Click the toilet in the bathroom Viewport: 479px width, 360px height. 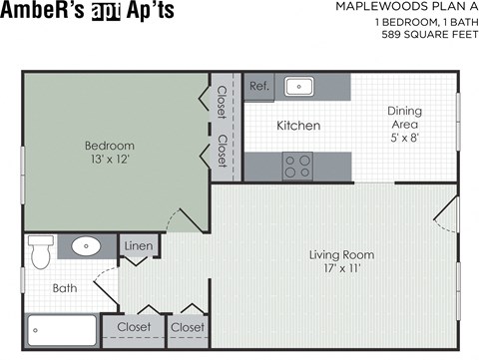coord(40,251)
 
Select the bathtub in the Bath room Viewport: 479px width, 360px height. coord(61,327)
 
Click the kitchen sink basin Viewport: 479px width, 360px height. coord(299,86)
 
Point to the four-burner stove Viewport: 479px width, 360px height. coord(296,166)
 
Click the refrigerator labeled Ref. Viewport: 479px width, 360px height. coord(259,86)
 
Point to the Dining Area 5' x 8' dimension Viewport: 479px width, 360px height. coord(404,139)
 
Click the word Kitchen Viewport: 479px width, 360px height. coord(297,126)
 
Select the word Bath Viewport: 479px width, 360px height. coord(65,289)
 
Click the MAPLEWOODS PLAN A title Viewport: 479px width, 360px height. coord(406,7)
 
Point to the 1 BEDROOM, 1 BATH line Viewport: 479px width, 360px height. coord(420,21)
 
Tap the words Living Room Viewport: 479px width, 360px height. coord(341,254)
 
